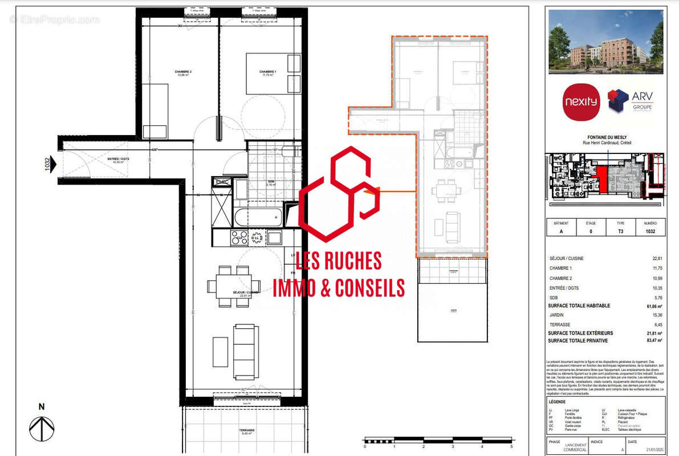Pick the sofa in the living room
[x=246, y=352]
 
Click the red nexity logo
[x=581, y=102]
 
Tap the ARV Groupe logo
[x=630, y=101]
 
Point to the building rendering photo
[x=605, y=42]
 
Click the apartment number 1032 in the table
[x=650, y=231]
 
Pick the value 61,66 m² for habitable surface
[x=653, y=306]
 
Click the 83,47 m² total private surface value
[x=653, y=341]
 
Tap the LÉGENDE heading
[x=558, y=402]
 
